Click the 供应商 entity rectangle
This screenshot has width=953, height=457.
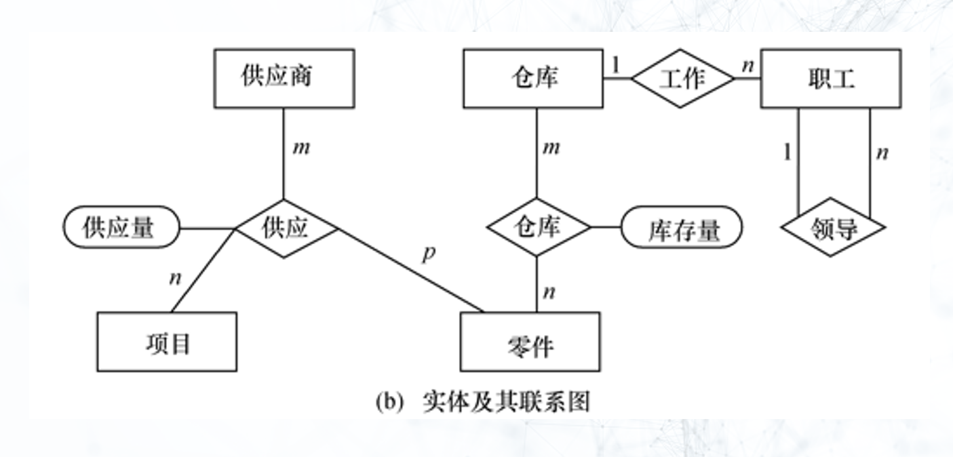pos(284,78)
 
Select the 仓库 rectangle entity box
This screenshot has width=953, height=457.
pos(532,78)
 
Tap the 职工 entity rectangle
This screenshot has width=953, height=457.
pos(830,78)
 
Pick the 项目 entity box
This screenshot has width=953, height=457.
pos(167,342)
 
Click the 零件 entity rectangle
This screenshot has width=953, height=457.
pos(530,342)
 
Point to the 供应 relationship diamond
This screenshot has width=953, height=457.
pos(286,228)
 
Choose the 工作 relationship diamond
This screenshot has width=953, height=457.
pos(682,78)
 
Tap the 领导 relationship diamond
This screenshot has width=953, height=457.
pos(832,228)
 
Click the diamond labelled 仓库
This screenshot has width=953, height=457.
pos(539,226)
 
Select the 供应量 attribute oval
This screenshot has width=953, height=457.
pos(121,227)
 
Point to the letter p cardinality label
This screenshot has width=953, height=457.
pos(428,254)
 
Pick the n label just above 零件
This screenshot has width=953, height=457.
pos(549,292)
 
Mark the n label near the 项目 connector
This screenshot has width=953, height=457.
pos(176,278)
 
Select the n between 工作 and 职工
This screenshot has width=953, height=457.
pos(747,65)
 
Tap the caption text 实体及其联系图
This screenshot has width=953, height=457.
pos(506,401)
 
